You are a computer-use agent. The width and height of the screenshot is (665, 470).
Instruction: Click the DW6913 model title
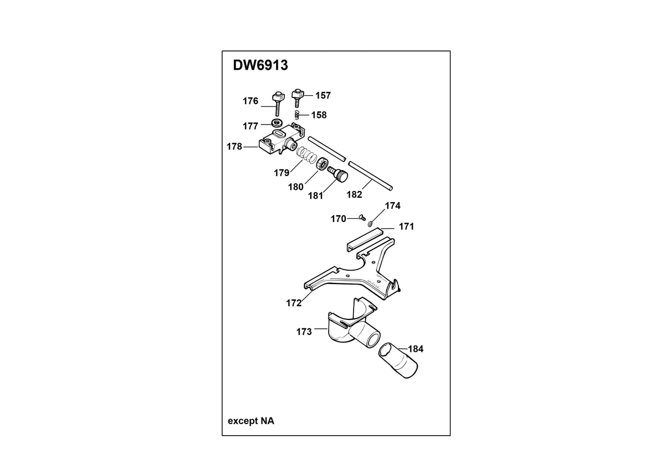(260, 65)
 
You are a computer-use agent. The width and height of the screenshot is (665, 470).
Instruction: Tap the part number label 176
(250, 101)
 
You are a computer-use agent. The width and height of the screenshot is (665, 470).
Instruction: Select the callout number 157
(323, 95)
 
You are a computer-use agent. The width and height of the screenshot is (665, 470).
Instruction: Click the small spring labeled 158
(297, 115)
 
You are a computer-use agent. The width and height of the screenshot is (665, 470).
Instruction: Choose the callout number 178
(234, 147)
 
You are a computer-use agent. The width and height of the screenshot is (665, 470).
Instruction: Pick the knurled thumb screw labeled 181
(337, 174)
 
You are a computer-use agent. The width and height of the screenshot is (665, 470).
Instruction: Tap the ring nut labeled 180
(321, 164)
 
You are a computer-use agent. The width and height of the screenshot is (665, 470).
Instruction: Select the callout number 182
(355, 194)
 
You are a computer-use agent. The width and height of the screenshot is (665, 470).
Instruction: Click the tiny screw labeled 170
(362, 218)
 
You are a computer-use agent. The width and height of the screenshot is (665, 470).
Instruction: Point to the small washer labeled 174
(370, 223)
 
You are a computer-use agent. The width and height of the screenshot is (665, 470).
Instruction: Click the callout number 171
(406, 226)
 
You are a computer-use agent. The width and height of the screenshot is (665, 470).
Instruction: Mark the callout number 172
(294, 303)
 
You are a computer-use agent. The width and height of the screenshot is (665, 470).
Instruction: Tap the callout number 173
(304, 332)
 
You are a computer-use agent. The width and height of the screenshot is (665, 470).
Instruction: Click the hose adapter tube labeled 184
(398, 360)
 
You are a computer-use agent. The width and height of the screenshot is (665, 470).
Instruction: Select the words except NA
(251, 421)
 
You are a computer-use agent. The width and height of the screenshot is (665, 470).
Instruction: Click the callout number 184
(416, 349)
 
